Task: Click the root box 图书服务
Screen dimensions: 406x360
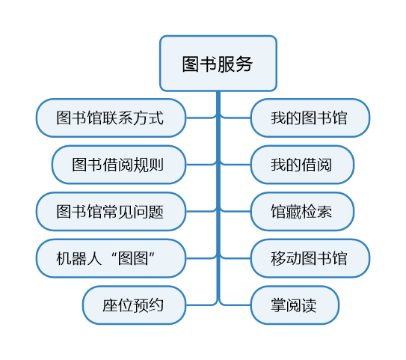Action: click(x=218, y=64)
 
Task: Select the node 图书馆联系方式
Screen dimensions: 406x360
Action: click(x=111, y=118)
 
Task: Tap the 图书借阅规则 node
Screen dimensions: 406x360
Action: click(x=119, y=165)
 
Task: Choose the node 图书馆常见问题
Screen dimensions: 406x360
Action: click(x=111, y=212)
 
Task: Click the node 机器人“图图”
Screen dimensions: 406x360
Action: click(x=111, y=258)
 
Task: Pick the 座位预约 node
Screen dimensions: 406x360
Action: click(x=134, y=305)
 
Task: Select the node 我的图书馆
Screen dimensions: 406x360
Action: click(x=310, y=118)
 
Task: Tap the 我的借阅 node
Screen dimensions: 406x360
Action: click(x=302, y=165)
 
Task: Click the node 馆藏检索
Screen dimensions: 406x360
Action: click(x=302, y=212)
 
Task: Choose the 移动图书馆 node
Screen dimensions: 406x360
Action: click(x=310, y=258)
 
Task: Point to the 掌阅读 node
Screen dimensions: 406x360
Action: click(x=295, y=305)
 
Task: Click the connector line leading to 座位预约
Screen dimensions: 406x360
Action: click(x=202, y=305)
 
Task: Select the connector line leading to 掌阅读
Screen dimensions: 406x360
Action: click(x=235, y=305)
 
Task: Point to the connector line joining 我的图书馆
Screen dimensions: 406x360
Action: click(x=235, y=118)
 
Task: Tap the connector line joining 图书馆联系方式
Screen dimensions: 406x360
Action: click(x=202, y=118)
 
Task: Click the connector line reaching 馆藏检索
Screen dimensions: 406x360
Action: click(x=235, y=211)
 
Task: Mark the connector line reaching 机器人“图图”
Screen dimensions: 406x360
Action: click(x=202, y=258)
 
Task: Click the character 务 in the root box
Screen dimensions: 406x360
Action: click(x=244, y=64)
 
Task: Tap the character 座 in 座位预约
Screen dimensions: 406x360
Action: click(x=111, y=305)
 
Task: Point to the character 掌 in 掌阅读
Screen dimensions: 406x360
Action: click(x=279, y=305)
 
